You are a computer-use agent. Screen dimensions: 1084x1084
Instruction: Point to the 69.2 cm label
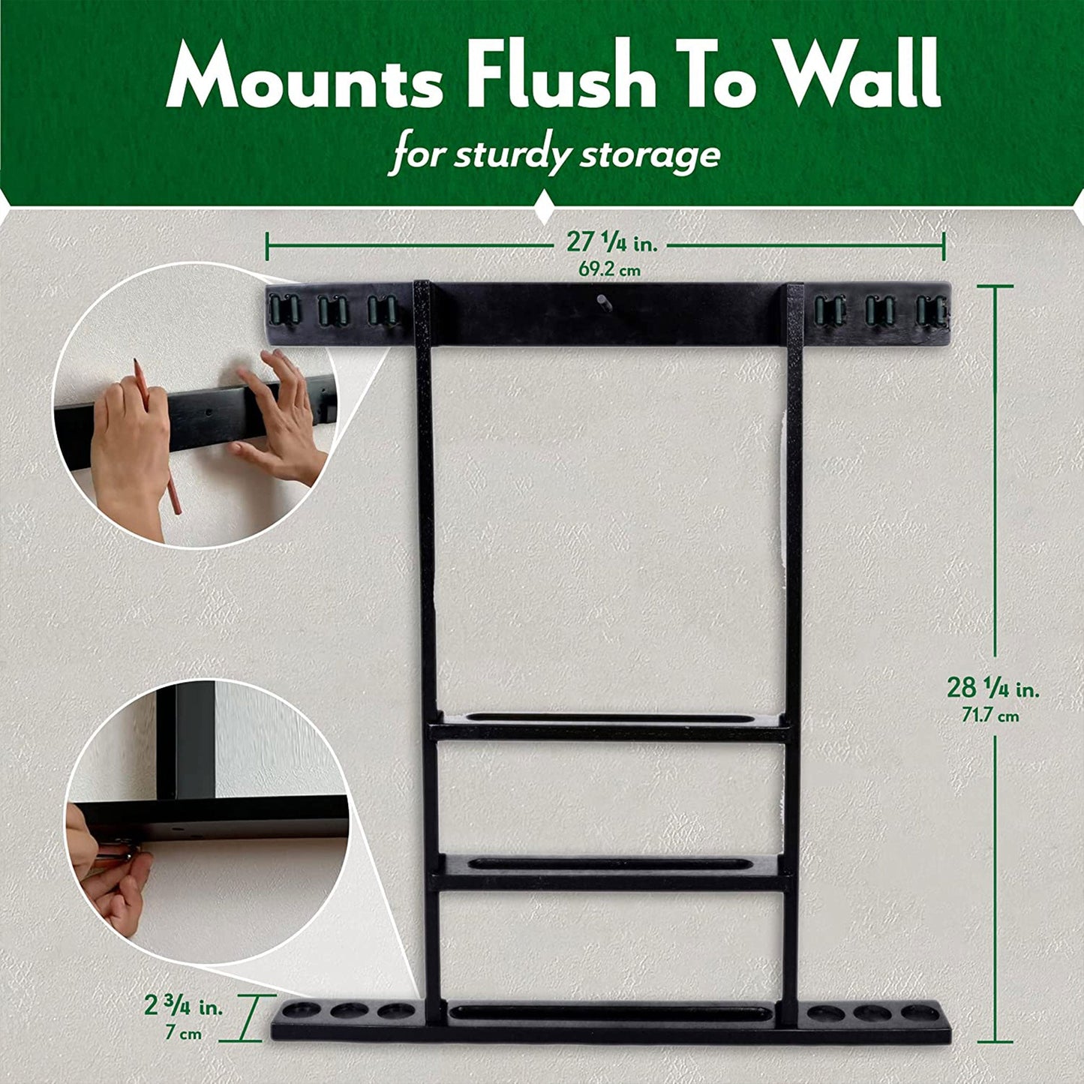pyautogui.click(x=609, y=269)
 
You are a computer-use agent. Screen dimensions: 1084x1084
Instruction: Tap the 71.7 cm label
pyautogui.click(x=990, y=716)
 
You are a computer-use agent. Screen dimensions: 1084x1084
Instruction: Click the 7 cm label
pyautogui.click(x=183, y=1034)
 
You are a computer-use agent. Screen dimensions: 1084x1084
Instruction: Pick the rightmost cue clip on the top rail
pyautogui.click(x=931, y=310)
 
